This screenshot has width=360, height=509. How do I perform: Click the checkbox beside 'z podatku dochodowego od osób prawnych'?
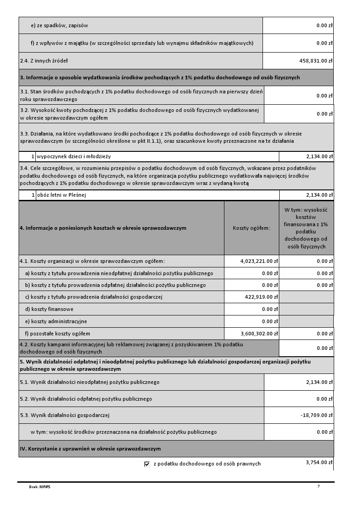147,464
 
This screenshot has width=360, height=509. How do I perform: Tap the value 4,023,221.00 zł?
259,261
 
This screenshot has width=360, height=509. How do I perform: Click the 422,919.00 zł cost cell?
260,297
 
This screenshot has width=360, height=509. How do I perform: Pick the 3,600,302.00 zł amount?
259,334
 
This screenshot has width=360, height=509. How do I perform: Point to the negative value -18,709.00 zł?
316,415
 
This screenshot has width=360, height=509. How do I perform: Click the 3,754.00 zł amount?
319,462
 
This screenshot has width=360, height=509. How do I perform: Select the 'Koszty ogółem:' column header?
251,228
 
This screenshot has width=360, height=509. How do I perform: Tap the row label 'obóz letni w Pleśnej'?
62,195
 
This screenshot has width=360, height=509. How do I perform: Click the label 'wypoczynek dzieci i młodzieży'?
74,157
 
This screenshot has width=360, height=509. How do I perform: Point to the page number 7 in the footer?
318,486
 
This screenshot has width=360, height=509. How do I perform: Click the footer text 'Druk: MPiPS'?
40,487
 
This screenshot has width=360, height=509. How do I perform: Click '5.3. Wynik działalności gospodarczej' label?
64,415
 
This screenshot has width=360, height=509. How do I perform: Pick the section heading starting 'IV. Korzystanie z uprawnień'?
90,449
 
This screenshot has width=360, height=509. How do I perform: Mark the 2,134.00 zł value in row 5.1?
319,382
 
